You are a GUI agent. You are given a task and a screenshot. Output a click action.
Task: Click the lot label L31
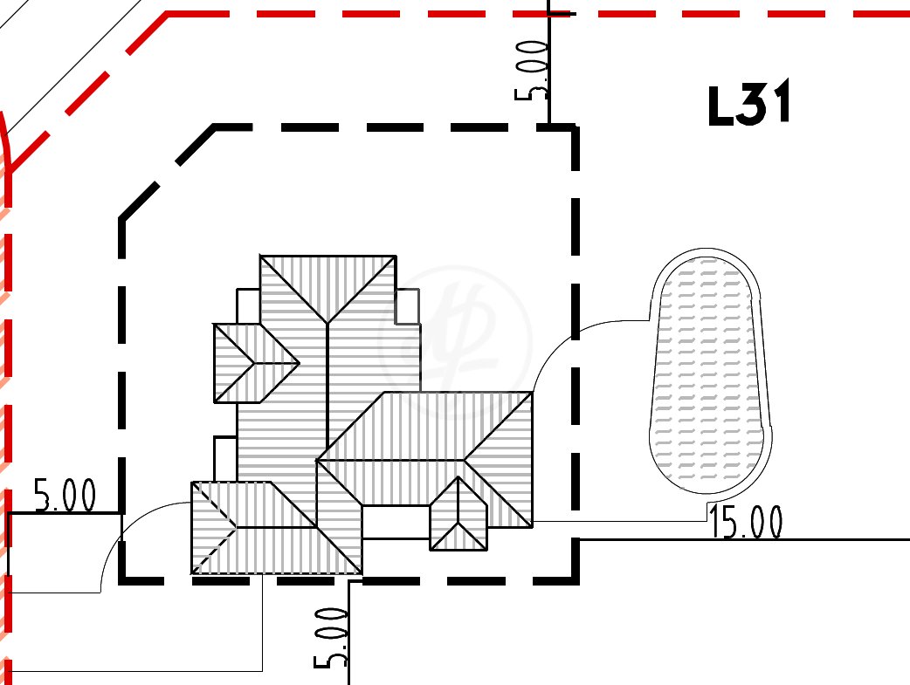[x=749, y=104]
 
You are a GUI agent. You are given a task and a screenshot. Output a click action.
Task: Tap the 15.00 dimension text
[x=746, y=522]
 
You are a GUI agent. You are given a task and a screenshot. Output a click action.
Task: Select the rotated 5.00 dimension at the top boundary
[x=532, y=71]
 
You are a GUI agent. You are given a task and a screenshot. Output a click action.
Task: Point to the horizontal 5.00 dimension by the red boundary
[x=65, y=496]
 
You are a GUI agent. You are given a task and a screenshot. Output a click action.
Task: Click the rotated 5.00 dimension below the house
[x=331, y=638]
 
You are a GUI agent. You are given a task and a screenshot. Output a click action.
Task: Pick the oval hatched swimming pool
[x=709, y=372]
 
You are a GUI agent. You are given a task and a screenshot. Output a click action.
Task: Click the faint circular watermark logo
[x=455, y=342]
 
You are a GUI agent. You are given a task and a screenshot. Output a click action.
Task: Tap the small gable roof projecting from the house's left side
[x=256, y=363]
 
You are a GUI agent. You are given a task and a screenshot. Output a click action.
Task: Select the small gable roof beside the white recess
[x=458, y=514]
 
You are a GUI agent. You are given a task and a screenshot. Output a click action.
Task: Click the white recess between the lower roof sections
[x=396, y=522]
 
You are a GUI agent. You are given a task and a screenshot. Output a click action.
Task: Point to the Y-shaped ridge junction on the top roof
[x=327, y=323]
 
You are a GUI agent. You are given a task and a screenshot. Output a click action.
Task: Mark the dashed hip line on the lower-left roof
[x=215, y=528]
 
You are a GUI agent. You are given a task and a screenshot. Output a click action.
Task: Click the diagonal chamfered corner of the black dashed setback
[x=167, y=172]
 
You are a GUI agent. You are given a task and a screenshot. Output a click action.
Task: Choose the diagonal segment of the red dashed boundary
[x=87, y=92]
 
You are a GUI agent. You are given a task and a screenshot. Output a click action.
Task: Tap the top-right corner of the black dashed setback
[x=576, y=127]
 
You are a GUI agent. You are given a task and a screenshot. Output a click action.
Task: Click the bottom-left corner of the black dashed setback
[x=122, y=580]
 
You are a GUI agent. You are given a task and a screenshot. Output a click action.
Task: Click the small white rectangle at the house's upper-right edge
[x=408, y=306]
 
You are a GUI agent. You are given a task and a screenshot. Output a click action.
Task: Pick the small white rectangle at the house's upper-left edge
[x=248, y=305]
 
